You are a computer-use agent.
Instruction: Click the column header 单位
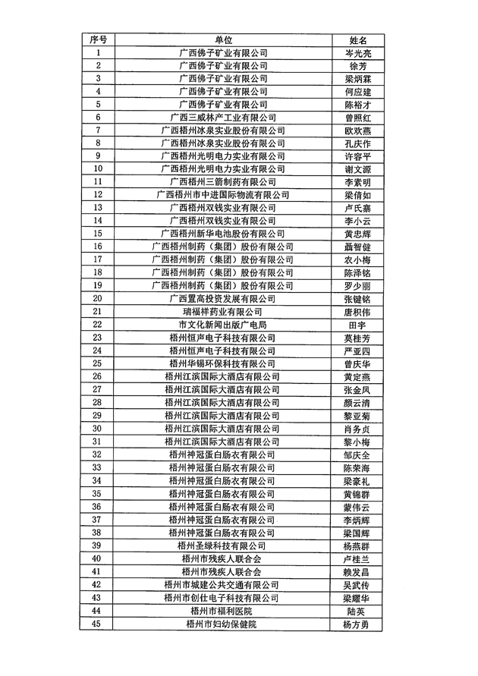coord(222,40)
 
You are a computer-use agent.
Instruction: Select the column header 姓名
coord(357,40)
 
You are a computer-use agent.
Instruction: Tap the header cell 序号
coord(98,40)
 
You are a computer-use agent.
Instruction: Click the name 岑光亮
coord(357,53)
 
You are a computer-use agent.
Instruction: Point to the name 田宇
coord(357,325)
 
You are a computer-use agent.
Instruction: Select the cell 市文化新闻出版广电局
coord(222,325)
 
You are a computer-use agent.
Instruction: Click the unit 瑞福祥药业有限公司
coord(222,312)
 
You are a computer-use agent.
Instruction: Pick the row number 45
coord(97,624)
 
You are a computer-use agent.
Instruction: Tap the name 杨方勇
coord(357,624)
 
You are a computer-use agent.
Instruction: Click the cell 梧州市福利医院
coord(222,611)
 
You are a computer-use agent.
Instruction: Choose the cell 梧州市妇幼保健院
coord(222,624)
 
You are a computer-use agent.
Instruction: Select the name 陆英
coord(357,611)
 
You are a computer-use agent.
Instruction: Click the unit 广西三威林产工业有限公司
coord(222,118)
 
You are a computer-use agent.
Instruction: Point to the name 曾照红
coord(357,118)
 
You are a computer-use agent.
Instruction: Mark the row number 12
coord(97,195)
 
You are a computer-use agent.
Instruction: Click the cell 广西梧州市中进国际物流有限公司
coord(222,195)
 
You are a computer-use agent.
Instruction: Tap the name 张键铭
coord(357,299)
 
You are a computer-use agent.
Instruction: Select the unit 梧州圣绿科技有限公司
coord(222,546)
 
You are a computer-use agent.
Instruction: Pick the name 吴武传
coord(357,585)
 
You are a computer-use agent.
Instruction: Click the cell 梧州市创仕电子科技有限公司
coord(222,598)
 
